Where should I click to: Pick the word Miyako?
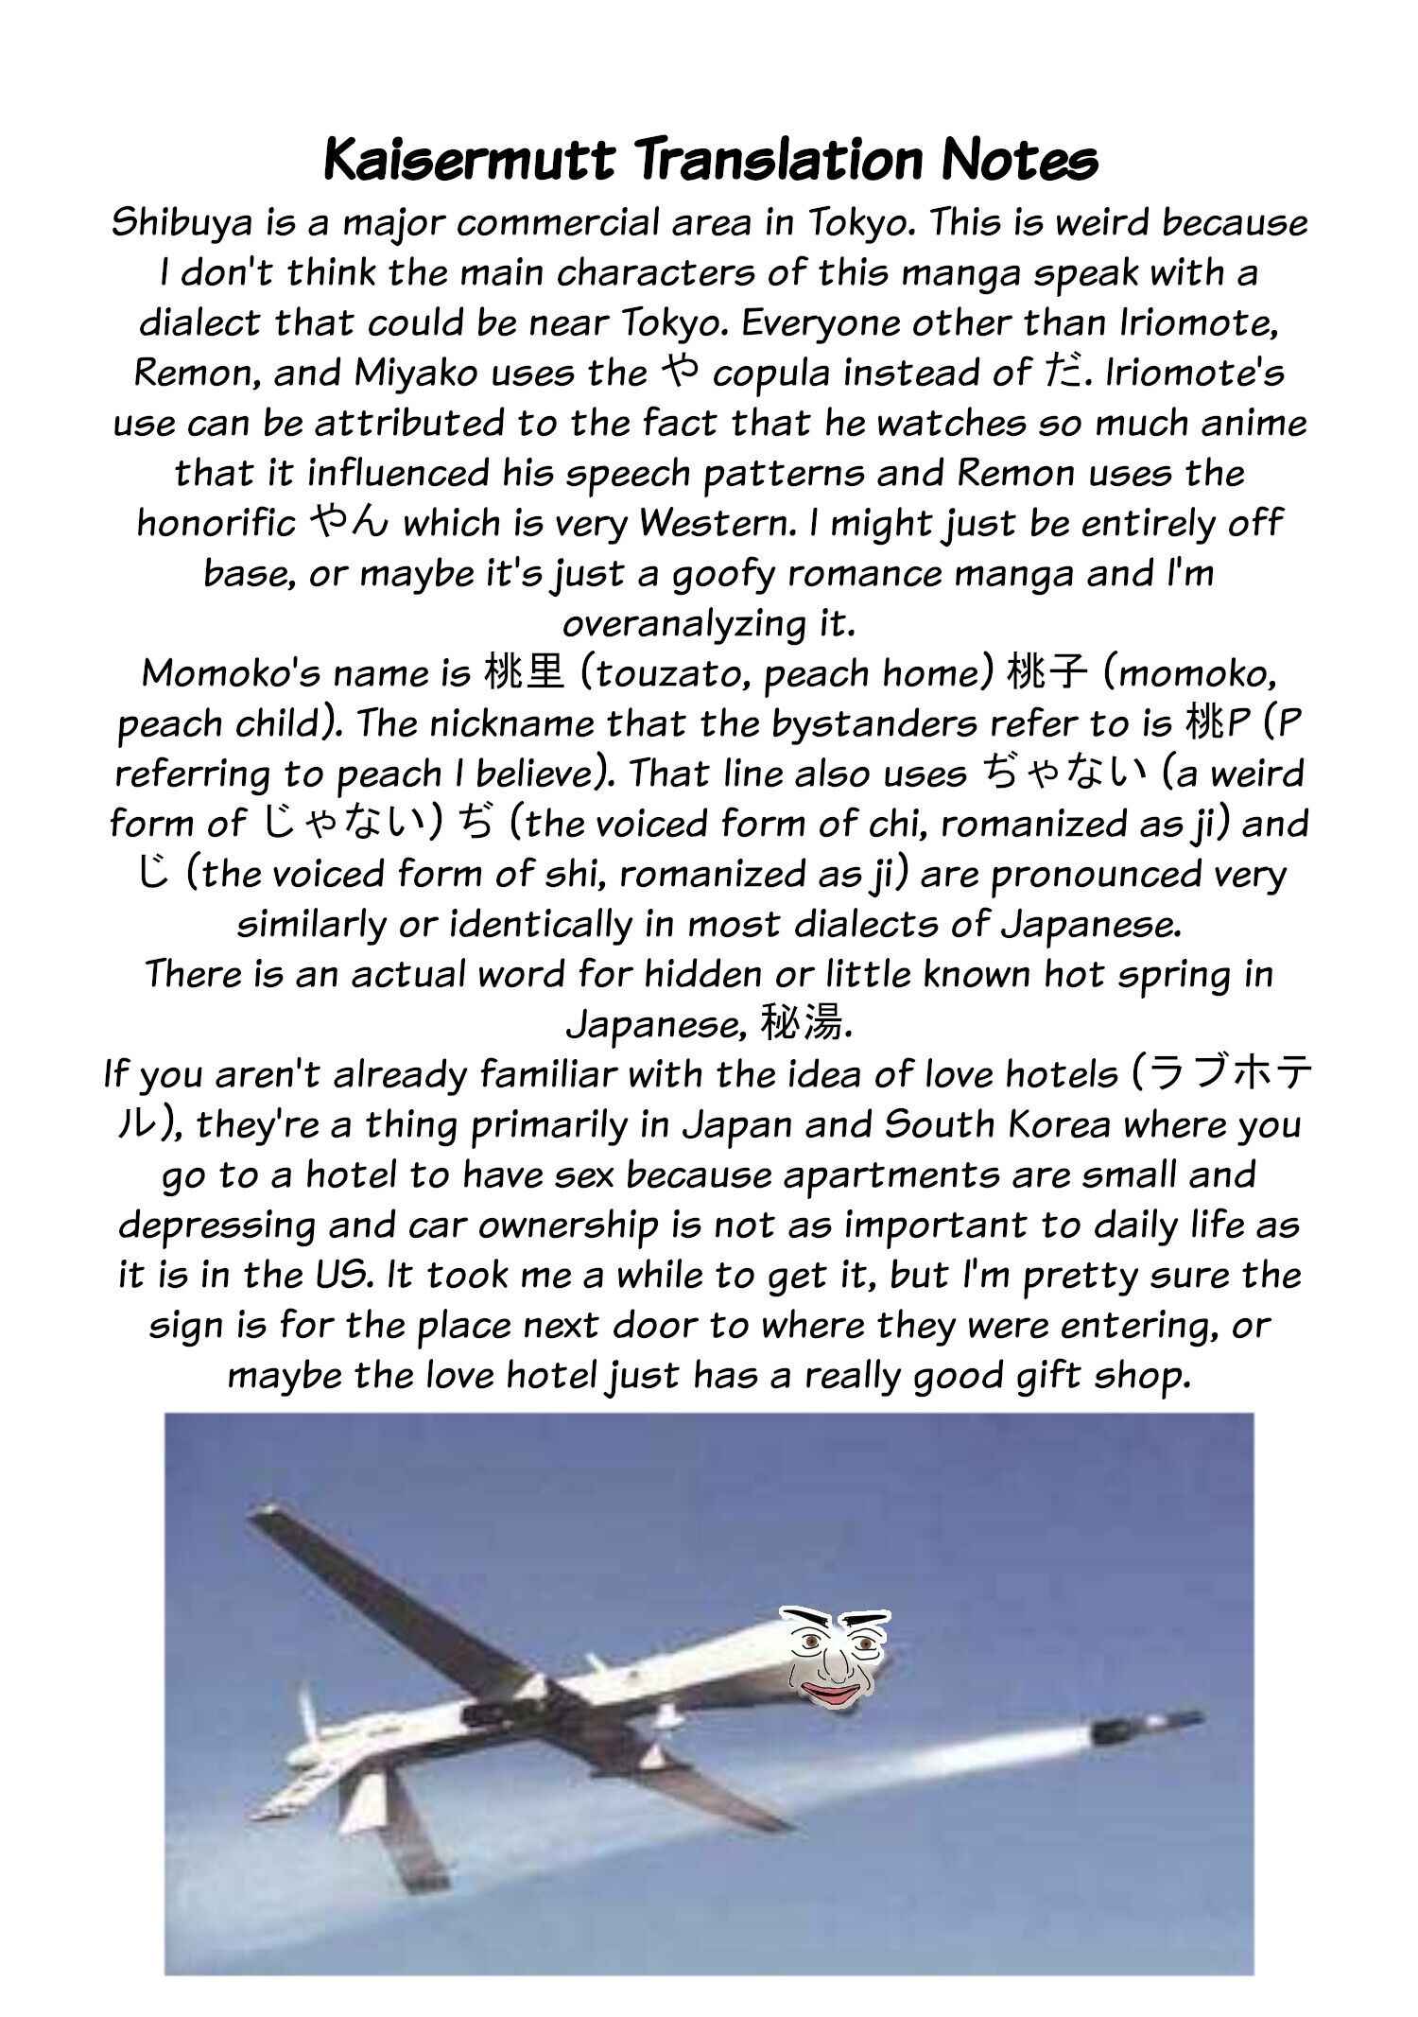(414, 374)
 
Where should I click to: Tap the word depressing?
(216, 1226)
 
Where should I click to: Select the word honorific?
(216, 524)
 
